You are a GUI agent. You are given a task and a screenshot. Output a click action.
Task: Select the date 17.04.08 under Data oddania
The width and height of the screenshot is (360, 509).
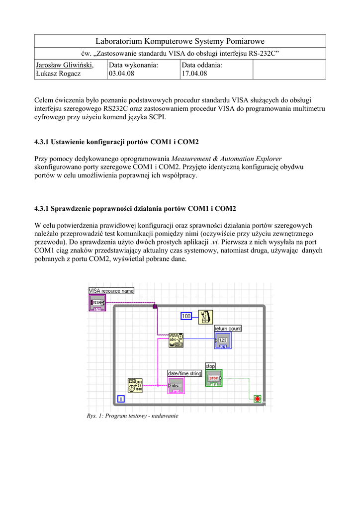(x=194, y=74)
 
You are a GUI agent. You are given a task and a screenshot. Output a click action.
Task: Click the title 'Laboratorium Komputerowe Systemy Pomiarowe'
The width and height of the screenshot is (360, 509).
(x=180, y=41)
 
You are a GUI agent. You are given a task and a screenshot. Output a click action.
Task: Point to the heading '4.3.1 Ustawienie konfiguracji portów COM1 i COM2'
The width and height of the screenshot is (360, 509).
(x=116, y=142)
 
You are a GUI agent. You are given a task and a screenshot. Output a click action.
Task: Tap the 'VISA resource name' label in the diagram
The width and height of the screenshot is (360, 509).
(x=111, y=291)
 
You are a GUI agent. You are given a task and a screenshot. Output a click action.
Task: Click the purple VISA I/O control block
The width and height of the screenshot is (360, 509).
(x=97, y=302)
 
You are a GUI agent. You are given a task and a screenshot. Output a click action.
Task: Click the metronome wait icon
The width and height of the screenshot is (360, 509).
(x=206, y=317)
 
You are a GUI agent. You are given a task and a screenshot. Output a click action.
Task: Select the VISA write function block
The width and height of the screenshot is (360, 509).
(x=176, y=340)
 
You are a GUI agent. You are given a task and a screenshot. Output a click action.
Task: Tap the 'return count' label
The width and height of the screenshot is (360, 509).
(x=228, y=329)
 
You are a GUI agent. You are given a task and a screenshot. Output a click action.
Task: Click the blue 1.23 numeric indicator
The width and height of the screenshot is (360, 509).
(x=222, y=340)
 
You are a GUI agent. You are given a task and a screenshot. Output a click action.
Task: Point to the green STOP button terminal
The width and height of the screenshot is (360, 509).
(x=214, y=378)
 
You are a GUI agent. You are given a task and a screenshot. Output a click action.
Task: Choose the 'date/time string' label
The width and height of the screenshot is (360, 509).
(x=184, y=373)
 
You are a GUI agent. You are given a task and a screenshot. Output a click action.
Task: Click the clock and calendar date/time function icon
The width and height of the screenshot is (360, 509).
(x=135, y=386)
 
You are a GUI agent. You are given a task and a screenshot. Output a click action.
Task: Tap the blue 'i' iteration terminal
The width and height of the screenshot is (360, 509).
(x=120, y=399)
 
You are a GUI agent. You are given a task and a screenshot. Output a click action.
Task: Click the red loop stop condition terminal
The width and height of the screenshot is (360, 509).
(x=257, y=399)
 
